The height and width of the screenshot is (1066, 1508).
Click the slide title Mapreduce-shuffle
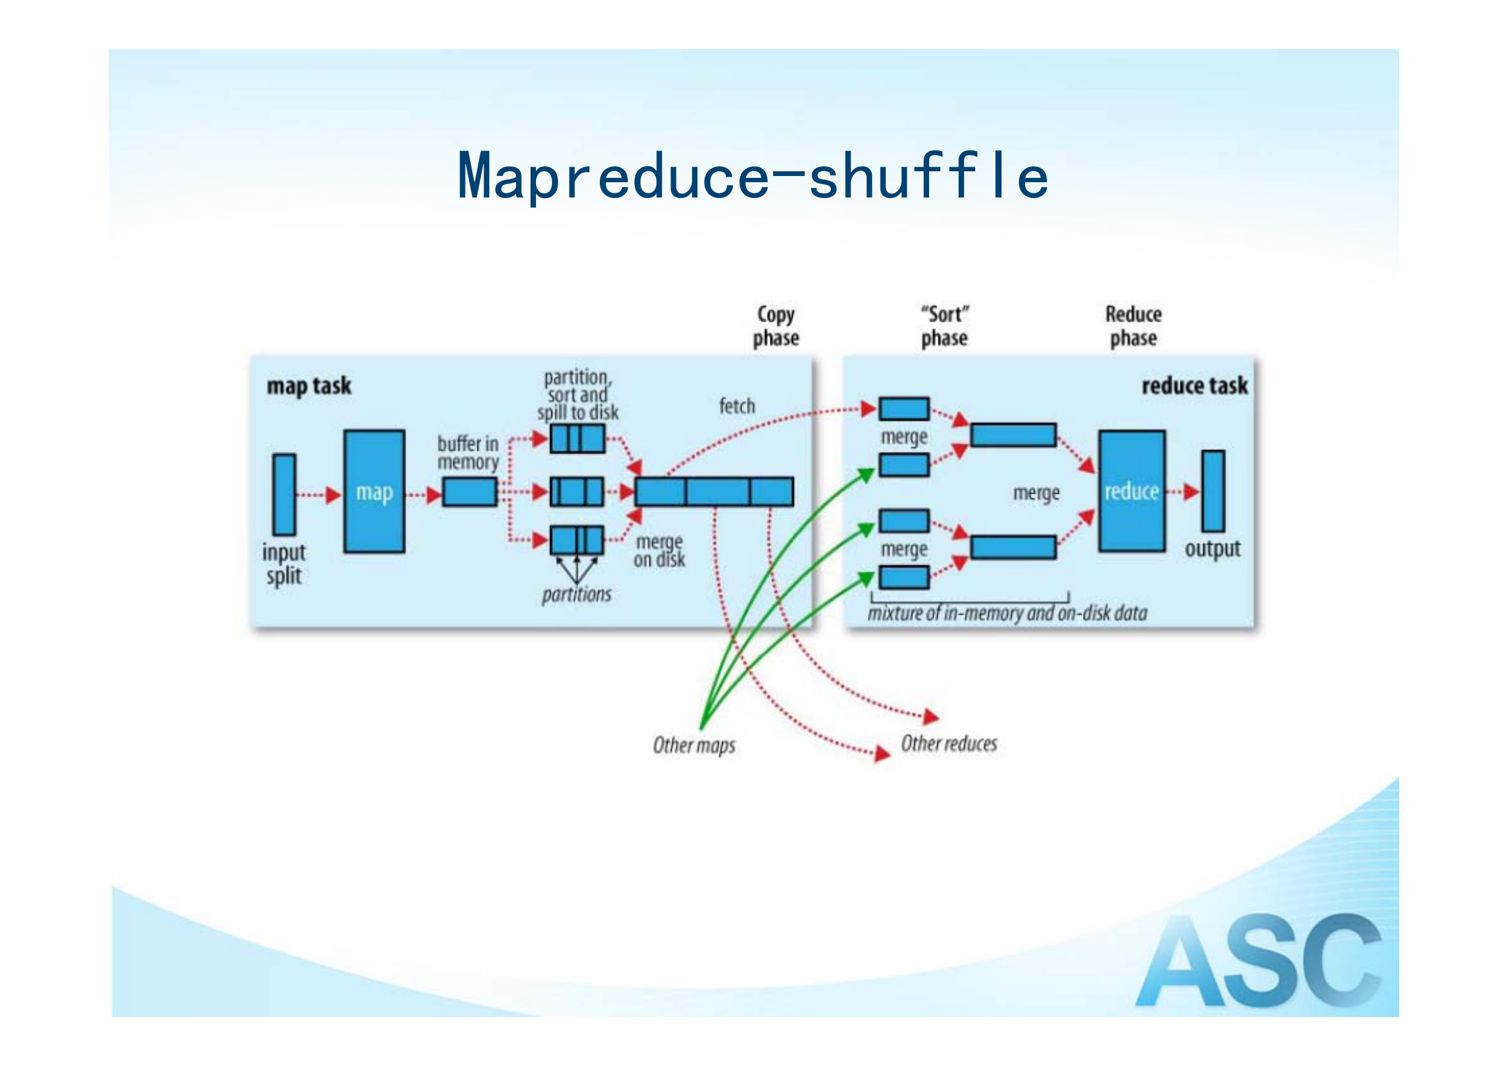(x=752, y=176)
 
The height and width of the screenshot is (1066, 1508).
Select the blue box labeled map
(x=374, y=492)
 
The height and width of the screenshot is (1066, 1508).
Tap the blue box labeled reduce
(x=1132, y=491)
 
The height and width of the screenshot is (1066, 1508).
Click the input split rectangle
(x=284, y=494)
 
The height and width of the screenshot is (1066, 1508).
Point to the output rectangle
(x=1213, y=491)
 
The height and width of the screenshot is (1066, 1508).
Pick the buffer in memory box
(x=470, y=492)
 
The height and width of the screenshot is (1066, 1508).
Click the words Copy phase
(x=776, y=326)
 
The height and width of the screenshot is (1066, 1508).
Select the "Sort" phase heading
(x=944, y=326)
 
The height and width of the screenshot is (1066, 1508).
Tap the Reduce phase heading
(x=1133, y=326)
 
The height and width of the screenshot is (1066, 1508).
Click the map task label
(x=309, y=386)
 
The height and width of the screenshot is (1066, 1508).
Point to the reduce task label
(x=1194, y=386)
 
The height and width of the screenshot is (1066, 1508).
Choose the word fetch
(x=737, y=406)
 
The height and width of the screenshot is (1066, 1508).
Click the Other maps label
(x=694, y=745)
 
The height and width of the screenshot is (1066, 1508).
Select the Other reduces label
(x=948, y=744)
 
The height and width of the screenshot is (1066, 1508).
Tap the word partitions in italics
(x=576, y=594)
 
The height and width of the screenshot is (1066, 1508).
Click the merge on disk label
(x=659, y=551)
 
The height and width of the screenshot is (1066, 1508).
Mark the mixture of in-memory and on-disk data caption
(x=1007, y=613)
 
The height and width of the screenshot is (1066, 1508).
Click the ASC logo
(x=1258, y=961)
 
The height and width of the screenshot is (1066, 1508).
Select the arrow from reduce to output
(x=1183, y=492)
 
